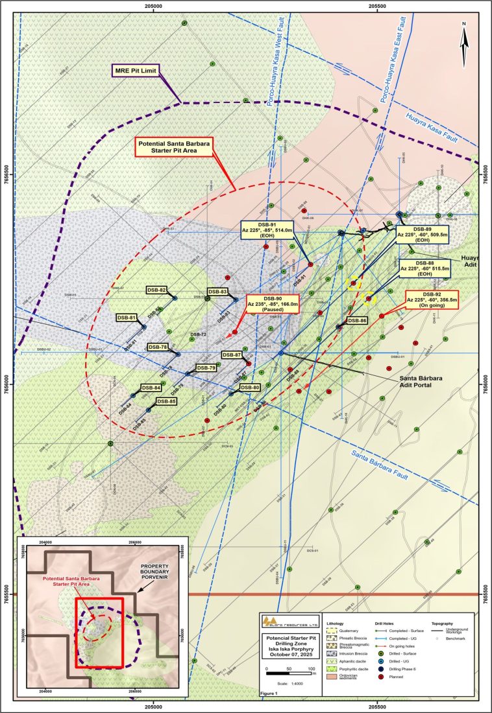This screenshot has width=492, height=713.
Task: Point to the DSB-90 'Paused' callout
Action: pyautogui.click(x=273, y=303)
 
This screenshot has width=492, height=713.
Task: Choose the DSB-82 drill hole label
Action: pyautogui.click(x=156, y=290)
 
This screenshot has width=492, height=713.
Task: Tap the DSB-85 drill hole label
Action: pyautogui.click(x=164, y=401)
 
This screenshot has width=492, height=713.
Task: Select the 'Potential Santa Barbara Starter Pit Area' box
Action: pyautogui.click(x=175, y=147)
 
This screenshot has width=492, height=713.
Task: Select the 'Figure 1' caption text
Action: pyautogui.click(x=268, y=693)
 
